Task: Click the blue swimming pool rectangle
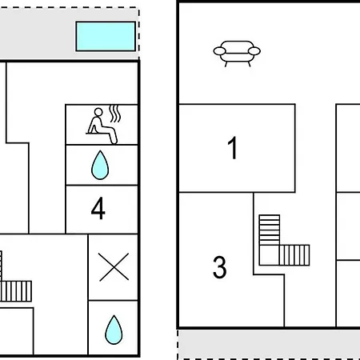[106, 36]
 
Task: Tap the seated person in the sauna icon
[102, 126]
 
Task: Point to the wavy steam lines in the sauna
[115, 114]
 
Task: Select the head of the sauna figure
[98, 112]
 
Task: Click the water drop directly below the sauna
[100, 166]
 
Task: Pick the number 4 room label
[98, 208]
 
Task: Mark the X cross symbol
[114, 267]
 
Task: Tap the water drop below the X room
[114, 330]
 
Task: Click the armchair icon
[237, 54]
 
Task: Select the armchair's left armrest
[219, 51]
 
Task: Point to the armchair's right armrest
[254, 51]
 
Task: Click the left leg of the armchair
[226, 64]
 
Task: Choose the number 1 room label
[233, 147]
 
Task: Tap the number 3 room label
[220, 267]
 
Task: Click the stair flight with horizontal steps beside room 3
[270, 230]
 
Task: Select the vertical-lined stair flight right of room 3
[294, 255]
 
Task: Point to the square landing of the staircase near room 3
[270, 255]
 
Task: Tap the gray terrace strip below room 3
[269, 345]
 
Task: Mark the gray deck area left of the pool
[38, 34]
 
